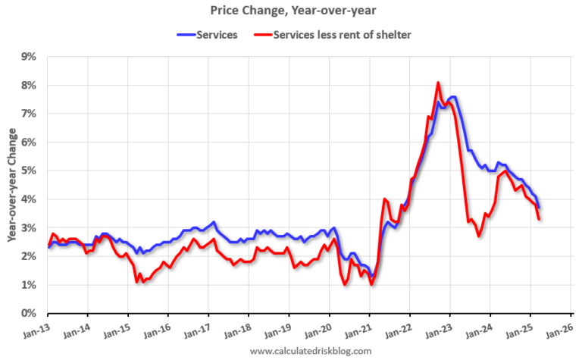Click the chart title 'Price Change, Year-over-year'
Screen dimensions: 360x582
coord(291,11)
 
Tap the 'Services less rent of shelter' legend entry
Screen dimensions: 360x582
coord(339,34)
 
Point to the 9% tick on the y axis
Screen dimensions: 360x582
coord(29,56)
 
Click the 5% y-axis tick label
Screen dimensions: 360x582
coord(29,171)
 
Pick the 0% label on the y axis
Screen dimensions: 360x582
coord(29,313)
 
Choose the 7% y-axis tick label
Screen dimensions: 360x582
coord(29,114)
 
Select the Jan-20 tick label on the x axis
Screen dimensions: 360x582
coord(318,331)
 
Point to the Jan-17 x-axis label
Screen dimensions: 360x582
coord(197,331)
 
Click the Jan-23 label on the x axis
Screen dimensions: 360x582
coord(438,331)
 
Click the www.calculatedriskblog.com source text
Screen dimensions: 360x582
coord(310,351)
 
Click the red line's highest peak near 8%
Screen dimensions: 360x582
coord(438,83)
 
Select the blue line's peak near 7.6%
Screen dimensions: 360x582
coord(452,96)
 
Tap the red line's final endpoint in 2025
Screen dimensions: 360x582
coord(539,219)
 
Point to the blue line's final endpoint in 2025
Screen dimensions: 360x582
coord(539,208)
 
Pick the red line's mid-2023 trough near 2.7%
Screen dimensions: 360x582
coord(479,236)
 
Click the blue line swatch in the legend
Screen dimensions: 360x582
coord(186,34)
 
